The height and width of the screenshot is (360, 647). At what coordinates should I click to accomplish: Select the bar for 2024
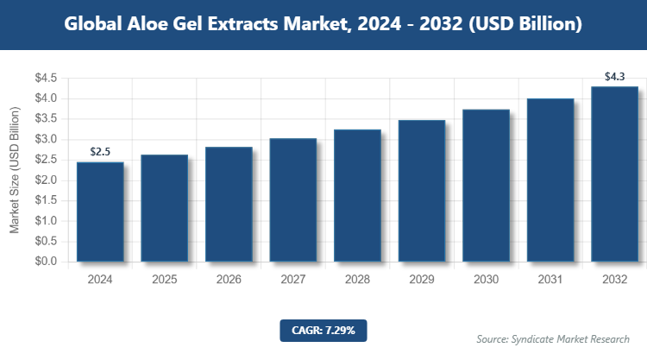100,212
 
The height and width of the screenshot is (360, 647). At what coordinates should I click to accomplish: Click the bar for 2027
292,200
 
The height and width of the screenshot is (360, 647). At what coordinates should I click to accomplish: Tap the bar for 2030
486,186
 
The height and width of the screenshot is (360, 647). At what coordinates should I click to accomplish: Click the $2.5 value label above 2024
100,153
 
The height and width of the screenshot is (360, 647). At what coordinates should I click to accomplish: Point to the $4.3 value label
614,77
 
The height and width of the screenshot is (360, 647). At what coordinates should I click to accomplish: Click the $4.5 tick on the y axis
46,79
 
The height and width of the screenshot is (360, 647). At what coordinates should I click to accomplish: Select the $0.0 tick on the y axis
46,262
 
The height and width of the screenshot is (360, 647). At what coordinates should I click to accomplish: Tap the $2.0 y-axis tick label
46,180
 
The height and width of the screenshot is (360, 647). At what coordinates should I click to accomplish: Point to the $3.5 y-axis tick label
46,119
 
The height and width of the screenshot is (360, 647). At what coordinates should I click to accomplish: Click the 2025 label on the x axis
164,280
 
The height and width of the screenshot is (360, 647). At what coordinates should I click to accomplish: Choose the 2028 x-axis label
357,280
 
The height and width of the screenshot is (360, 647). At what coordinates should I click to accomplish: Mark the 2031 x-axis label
550,280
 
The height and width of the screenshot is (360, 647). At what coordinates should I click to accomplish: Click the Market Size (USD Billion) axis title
15,170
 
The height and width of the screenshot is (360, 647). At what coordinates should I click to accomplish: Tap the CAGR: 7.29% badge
323,330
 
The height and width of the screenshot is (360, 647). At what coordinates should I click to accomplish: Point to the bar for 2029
421,191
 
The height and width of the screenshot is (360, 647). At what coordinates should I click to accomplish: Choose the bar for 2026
229,205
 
